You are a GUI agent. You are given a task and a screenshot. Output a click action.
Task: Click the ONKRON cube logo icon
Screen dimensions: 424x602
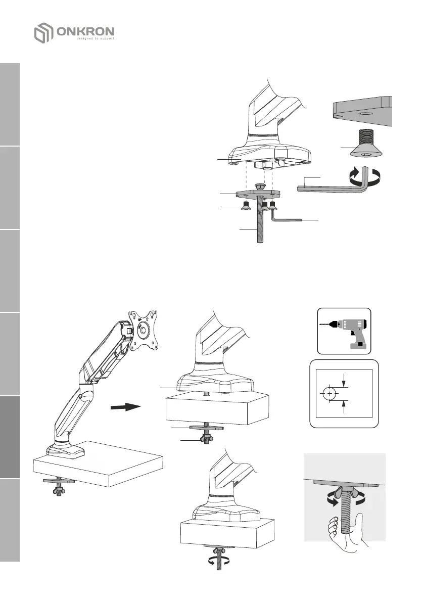[44, 33]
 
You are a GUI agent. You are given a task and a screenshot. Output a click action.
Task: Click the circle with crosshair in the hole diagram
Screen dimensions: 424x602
[329, 393]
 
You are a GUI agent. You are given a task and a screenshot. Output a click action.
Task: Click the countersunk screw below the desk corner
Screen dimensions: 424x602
[359, 146]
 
